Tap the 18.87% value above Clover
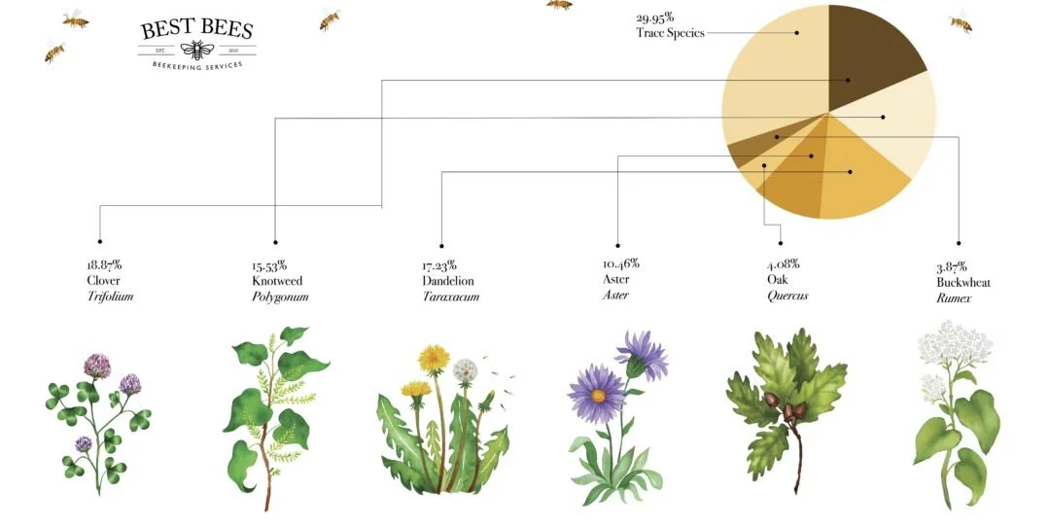(x=104, y=264)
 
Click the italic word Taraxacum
(x=450, y=297)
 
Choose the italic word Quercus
(x=787, y=297)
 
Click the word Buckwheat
(x=963, y=282)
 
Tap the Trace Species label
(x=670, y=33)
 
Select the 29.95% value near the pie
(x=655, y=17)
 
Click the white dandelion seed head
(x=466, y=369)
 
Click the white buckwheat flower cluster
(x=955, y=346)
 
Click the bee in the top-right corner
(x=962, y=21)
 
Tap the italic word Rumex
(x=954, y=298)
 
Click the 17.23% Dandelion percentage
(x=439, y=264)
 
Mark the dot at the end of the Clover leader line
(x=99, y=241)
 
